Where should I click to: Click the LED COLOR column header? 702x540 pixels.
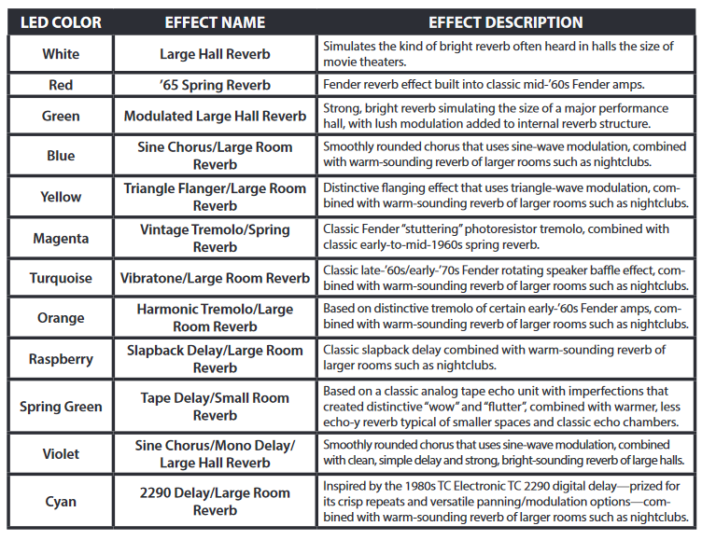[61, 22]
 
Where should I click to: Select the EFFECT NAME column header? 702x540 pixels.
[215, 22]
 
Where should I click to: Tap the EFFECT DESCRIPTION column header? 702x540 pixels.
[506, 22]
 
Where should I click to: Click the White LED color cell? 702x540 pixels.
[61, 54]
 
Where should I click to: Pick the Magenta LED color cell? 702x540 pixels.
[61, 238]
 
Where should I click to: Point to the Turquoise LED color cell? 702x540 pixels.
[61, 278]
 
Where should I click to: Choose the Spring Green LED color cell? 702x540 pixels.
[61, 407]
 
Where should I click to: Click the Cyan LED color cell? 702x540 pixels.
[61, 501]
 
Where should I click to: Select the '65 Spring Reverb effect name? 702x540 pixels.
[215, 85]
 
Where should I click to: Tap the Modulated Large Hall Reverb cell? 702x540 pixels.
[215, 116]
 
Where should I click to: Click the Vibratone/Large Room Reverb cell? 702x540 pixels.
[215, 278]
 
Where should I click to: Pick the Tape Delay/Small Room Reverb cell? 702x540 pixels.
[215, 407]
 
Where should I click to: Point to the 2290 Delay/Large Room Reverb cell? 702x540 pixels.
[215, 501]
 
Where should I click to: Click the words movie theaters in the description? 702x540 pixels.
[364, 62]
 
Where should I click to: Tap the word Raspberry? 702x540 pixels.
[61, 359]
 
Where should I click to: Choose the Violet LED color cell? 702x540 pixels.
[61, 453]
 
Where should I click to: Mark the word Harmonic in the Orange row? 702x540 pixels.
[168, 309]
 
